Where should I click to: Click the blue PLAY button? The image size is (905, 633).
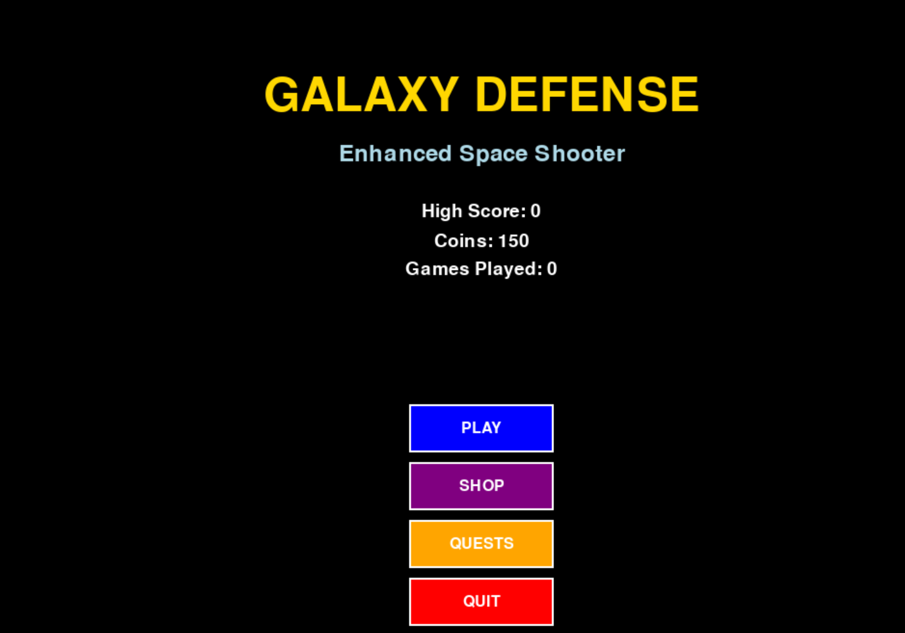[481, 428]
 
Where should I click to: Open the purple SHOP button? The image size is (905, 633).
[481, 486]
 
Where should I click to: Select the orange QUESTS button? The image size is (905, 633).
[481, 544]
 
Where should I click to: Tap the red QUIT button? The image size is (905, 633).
[481, 602]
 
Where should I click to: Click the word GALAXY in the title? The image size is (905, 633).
[362, 94]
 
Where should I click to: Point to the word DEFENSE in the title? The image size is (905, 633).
[587, 94]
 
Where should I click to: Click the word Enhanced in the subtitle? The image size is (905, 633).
[395, 154]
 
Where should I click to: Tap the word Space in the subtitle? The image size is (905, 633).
[493, 154]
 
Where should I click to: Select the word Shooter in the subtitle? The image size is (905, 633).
[580, 154]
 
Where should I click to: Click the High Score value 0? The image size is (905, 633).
[535, 211]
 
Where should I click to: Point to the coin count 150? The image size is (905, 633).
[514, 241]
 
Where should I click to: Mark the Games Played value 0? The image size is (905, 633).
[552, 269]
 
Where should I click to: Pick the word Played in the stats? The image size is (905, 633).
[508, 269]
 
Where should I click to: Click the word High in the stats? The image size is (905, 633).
[442, 211]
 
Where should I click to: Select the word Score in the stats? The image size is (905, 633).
[497, 211]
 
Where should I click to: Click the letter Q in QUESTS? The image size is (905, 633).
[456, 544]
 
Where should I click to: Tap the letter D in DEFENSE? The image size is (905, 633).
[490, 94]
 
